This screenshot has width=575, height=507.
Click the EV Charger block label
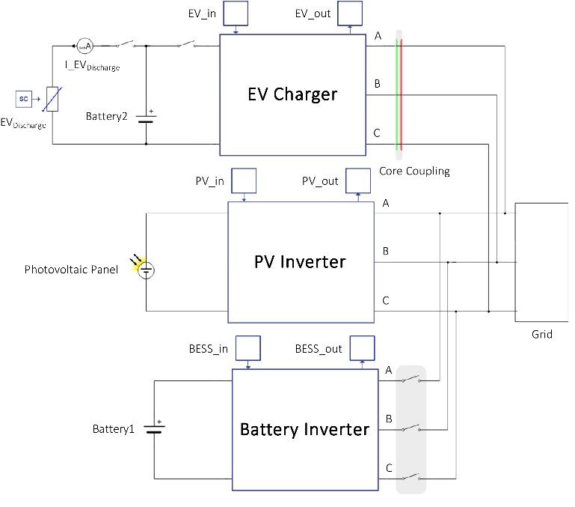tap(292, 94)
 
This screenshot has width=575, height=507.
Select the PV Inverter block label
tap(300, 262)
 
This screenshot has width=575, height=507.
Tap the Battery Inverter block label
tap(304, 430)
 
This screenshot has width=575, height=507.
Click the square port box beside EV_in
tap(236, 13)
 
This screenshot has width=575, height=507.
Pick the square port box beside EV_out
tap(350, 13)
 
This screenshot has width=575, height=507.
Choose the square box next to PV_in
tap(245, 180)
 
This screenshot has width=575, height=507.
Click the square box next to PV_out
tap(358, 180)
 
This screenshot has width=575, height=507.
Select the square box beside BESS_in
tap(248, 348)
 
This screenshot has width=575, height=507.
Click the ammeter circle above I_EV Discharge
tap(84, 46)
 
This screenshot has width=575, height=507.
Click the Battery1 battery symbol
tap(155, 428)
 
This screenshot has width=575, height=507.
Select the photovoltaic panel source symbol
tap(147, 270)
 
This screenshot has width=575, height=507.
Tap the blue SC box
tap(23, 98)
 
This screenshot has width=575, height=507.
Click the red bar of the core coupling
tap(402, 94)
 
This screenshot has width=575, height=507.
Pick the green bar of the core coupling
tap(396, 94)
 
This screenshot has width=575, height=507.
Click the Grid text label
tap(542, 334)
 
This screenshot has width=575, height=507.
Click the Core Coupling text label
tap(414, 171)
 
